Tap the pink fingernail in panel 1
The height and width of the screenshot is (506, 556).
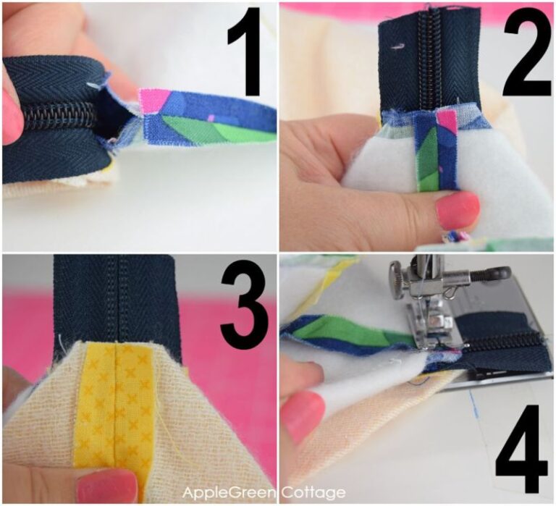pyautogui.click(x=11, y=116)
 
